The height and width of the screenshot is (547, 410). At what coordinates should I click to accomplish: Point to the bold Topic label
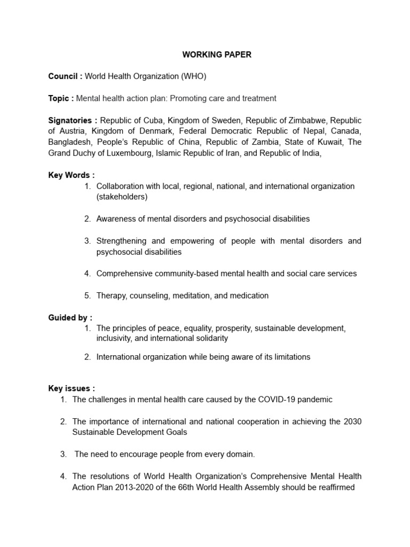[x=59, y=98]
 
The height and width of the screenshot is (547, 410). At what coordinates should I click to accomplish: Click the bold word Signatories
[x=70, y=121]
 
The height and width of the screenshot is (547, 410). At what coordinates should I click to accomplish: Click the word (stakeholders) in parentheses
[x=122, y=197]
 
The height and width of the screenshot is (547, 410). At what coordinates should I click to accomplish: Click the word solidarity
[x=210, y=338]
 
